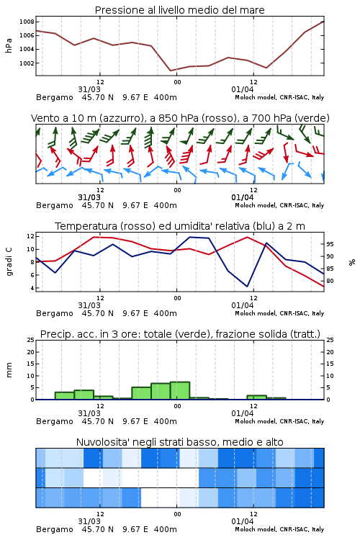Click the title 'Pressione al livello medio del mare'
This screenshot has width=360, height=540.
pos(179,10)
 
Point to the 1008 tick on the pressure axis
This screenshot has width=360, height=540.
pos(27,22)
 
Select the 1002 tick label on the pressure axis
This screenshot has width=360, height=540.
pos(27,63)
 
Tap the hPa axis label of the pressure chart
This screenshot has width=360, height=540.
pos(9,45)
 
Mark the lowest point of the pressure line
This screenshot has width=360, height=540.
pos(171,71)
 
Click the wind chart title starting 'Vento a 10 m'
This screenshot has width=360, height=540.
pos(180,118)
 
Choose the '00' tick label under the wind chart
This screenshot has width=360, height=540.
pos(177,190)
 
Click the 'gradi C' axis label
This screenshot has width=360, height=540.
pos(9,262)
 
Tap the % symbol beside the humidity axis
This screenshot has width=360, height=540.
pos(352,262)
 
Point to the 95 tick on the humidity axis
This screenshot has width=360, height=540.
pos(330,244)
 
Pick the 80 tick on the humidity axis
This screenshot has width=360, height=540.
pos(330,281)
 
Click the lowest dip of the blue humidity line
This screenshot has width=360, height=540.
pos(247,286)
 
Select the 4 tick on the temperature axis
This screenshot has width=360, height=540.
pos(32,288)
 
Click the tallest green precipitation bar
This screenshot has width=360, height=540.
pos(180,390)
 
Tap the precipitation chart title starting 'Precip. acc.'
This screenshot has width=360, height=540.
pos(180,334)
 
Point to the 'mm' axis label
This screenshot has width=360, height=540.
pos(9,370)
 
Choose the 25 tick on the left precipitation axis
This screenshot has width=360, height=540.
pos(31,340)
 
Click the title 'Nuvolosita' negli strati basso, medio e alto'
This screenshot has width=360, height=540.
pos(180,442)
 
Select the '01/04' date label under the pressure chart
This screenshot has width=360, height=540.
pos(243,89)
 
